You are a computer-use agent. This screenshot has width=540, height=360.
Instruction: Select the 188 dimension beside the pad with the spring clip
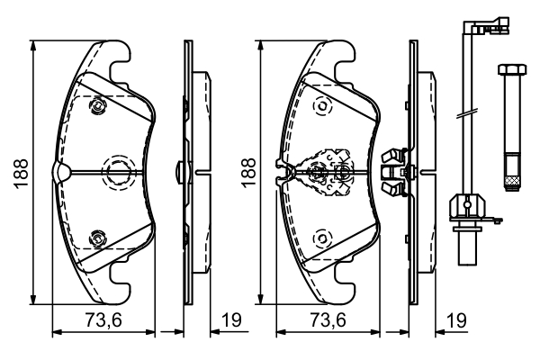point(246,171)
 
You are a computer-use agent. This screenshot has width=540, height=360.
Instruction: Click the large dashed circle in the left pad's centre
point(118,170)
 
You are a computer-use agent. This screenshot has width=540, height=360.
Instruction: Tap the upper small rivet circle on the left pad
point(96,108)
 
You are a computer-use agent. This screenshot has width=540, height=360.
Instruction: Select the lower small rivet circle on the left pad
point(96,238)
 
